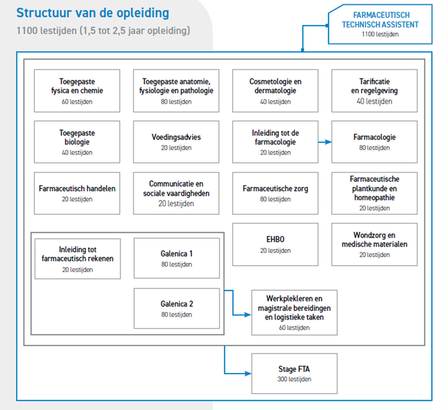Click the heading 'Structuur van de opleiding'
tap(93, 13)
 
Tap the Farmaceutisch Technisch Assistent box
tap(381, 25)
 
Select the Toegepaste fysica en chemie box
tap(77, 91)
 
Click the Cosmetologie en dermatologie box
tap(275, 91)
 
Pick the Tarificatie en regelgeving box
tap(375, 91)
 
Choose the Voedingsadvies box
tap(176, 142)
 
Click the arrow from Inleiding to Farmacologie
tap(325, 142)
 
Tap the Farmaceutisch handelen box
tap(77, 193)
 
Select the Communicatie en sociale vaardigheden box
tap(176, 193)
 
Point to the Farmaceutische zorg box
tap(275, 193)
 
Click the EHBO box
tap(275, 244)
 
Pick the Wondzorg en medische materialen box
tap(375, 244)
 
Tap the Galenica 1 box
tap(177, 258)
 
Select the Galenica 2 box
tap(177, 308)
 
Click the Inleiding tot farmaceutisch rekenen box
tap(78, 259)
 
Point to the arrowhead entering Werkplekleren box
tap(248, 315)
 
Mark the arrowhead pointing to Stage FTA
tap(248, 374)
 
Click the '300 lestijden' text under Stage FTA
tap(294, 379)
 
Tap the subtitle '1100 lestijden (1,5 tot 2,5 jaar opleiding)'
tap(103, 30)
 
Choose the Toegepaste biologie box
tap(77, 142)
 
